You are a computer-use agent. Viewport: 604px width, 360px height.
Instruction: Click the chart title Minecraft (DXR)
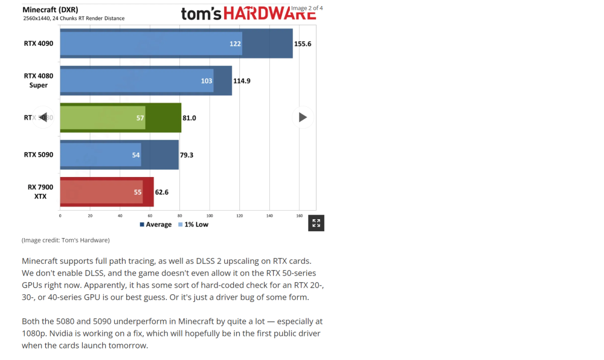click(x=50, y=10)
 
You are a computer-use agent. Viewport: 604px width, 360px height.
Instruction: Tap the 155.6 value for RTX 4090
click(x=303, y=44)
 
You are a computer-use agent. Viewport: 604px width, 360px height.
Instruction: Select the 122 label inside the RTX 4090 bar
click(x=235, y=44)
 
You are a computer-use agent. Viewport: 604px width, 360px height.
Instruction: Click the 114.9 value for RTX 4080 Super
click(x=242, y=81)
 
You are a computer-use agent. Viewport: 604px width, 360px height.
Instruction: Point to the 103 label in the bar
click(x=207, y=81)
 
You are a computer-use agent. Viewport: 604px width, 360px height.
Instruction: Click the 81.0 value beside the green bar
click(x=189, y=118)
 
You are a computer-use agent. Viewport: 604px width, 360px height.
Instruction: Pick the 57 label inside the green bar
click(x=140, y=118)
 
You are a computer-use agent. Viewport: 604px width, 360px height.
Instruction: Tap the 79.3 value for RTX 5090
click(x=187, y=155)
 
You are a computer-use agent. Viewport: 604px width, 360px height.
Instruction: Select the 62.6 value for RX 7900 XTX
click(x=162, y=192)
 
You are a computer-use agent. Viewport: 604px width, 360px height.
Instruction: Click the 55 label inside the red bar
click(x=137, y=192)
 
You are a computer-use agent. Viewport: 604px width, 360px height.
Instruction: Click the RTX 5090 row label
click(x=39, y=155)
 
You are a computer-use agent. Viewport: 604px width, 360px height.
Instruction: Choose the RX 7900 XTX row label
click(x=40, y=191)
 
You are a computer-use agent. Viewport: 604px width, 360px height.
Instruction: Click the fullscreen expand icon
click(x=316, y=223)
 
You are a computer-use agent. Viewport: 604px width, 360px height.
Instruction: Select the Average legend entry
click(x=156, y=225)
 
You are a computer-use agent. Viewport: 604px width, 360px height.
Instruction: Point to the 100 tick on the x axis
click(x=210, y=216)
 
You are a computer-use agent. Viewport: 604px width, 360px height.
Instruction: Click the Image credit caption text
click(x=66, y=240)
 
